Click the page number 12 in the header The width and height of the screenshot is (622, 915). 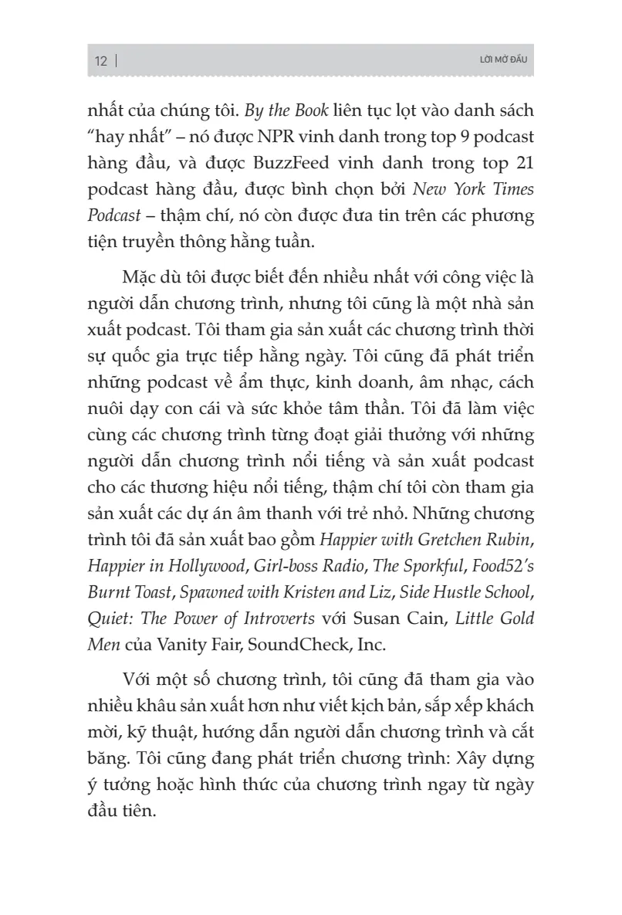pyautogui.click(x=101, y=62)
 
